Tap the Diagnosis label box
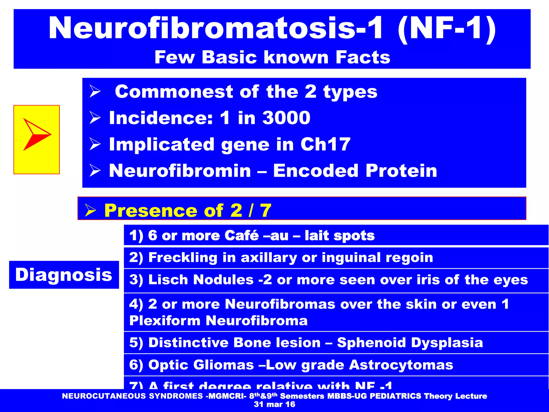tap(64, 275)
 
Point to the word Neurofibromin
tap(180, 171)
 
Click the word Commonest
tap(174, 92)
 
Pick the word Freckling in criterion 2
tap(183, 257)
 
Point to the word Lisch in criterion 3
tap(169, 280)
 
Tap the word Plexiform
tap(165, 321)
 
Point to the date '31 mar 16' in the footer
tap(274, 404)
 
